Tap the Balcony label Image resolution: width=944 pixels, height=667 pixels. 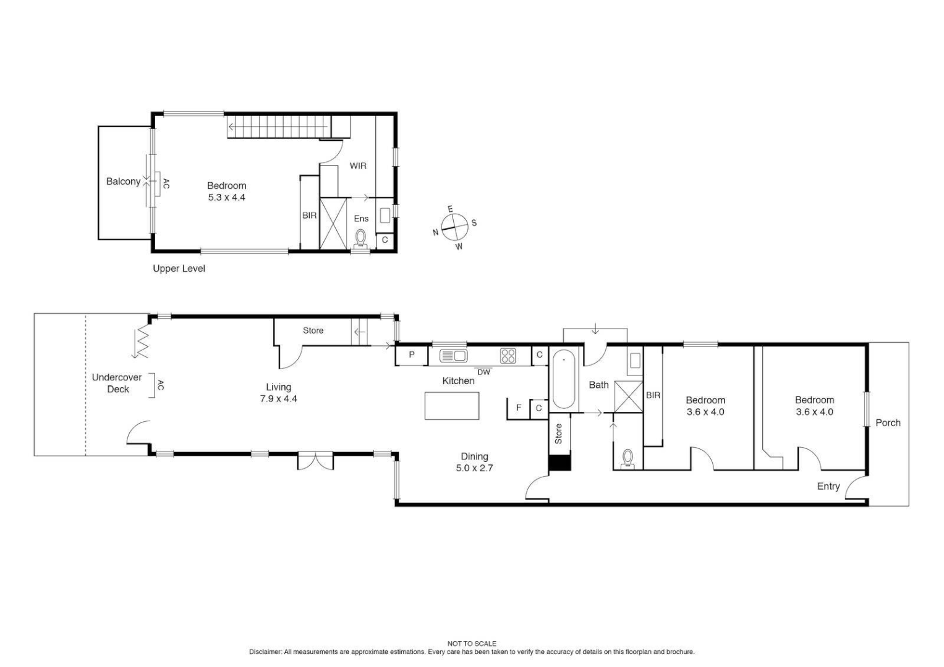pos(123,182)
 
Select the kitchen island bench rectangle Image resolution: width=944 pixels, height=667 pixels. pos(452,406)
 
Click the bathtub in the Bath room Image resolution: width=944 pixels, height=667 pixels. pos(564,379)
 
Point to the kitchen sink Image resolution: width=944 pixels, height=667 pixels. pos(453,355)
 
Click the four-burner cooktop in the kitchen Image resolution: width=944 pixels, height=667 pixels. pos(508,356)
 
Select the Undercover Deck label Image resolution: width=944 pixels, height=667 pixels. pos(117,383)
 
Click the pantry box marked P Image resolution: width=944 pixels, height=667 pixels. pos(411,355)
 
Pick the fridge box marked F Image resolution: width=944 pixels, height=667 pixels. pos(518,408)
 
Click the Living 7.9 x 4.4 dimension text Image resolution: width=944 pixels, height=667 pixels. pos(278,399)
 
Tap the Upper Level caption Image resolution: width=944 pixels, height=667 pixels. pos(179,269)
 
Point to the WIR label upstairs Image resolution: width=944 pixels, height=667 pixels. pos(358,166)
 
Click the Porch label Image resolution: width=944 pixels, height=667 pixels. pos(888,423)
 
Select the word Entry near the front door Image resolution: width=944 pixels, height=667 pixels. pos(828,486)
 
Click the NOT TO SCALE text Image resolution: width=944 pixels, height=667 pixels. pos(472,644)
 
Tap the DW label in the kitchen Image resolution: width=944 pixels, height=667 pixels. pos(483,372)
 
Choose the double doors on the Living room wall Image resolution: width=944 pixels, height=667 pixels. pos(315,461)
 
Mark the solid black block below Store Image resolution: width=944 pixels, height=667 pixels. pos(560,463)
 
